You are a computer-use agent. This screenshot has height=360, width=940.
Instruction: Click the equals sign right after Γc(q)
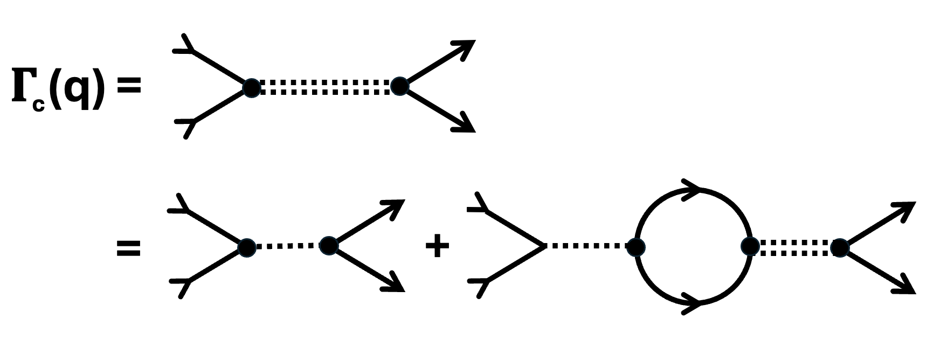coord(129,86)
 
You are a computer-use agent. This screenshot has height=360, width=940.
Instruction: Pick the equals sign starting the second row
coord(129,248)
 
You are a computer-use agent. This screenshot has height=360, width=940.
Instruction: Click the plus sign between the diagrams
coord(437,247)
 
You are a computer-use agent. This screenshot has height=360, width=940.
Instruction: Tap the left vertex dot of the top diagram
coord(251,87)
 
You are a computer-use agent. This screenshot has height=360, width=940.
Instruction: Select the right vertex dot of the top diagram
coord(399,86)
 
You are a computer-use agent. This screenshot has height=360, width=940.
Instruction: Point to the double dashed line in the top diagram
coord(325,87)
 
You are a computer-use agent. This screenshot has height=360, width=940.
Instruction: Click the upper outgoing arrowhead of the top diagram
coord(465,47)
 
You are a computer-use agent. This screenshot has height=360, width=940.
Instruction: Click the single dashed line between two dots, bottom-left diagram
coord(287,246)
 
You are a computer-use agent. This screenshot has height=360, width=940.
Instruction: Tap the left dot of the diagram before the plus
coord(247,246)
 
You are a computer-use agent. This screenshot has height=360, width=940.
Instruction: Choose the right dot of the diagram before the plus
coord(328,246)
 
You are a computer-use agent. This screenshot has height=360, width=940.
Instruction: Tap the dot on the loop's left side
coord(636,247)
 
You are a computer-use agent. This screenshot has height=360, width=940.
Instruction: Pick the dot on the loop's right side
coord(750,246)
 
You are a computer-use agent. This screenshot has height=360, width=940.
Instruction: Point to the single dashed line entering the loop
coord(587,246)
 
